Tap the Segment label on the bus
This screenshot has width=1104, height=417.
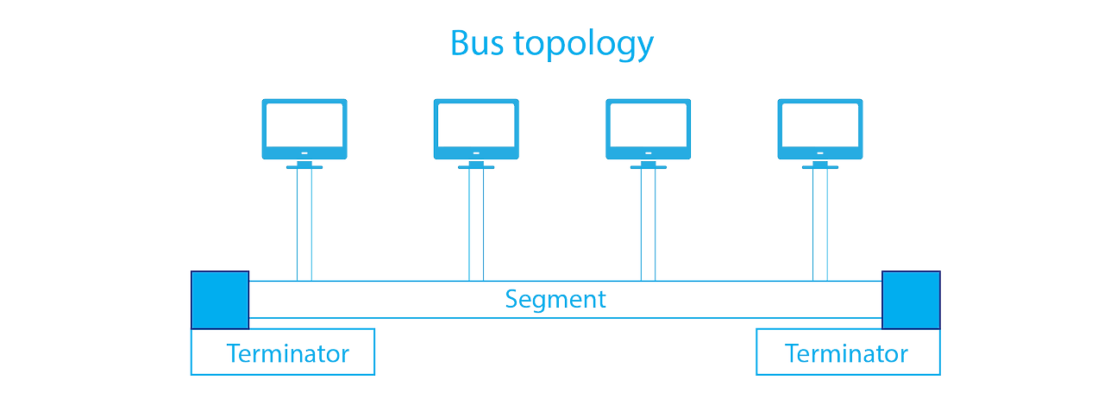click(555, 300)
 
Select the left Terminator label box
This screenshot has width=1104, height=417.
click(283, 352)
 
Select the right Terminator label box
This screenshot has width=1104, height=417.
click(848, 353)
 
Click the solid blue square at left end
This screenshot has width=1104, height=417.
click(220, 300)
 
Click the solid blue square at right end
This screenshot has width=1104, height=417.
click(911, 300)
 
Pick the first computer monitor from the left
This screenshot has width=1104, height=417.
click(304, 129)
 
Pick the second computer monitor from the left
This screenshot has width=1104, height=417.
click(475, 129)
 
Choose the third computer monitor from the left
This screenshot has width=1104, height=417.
click(648, 129)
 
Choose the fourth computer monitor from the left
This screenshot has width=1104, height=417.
click(820, 129)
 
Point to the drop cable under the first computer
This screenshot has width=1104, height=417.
click(304, 224)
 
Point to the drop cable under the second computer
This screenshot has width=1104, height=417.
click(476, 224)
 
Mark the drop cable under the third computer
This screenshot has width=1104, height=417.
click(648, 224)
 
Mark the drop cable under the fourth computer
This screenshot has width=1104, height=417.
click(820, 224)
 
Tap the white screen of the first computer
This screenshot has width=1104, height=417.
click(304, 125)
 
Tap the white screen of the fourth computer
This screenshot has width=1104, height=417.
click(820, 125)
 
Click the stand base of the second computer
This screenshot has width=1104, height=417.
click(476, 166)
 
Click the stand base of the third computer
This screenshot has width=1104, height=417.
click(648, 166)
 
